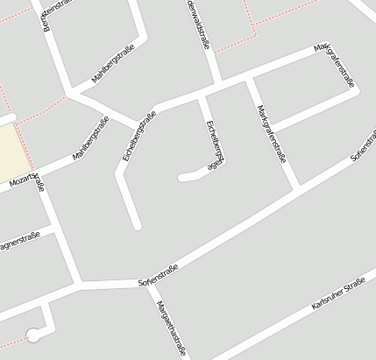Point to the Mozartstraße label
click(x=26, y=180)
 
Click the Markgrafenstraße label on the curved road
click(x=338, y=67)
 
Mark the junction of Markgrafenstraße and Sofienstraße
click(x=298, y=187)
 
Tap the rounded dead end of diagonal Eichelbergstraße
click(x=137, y=226)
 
